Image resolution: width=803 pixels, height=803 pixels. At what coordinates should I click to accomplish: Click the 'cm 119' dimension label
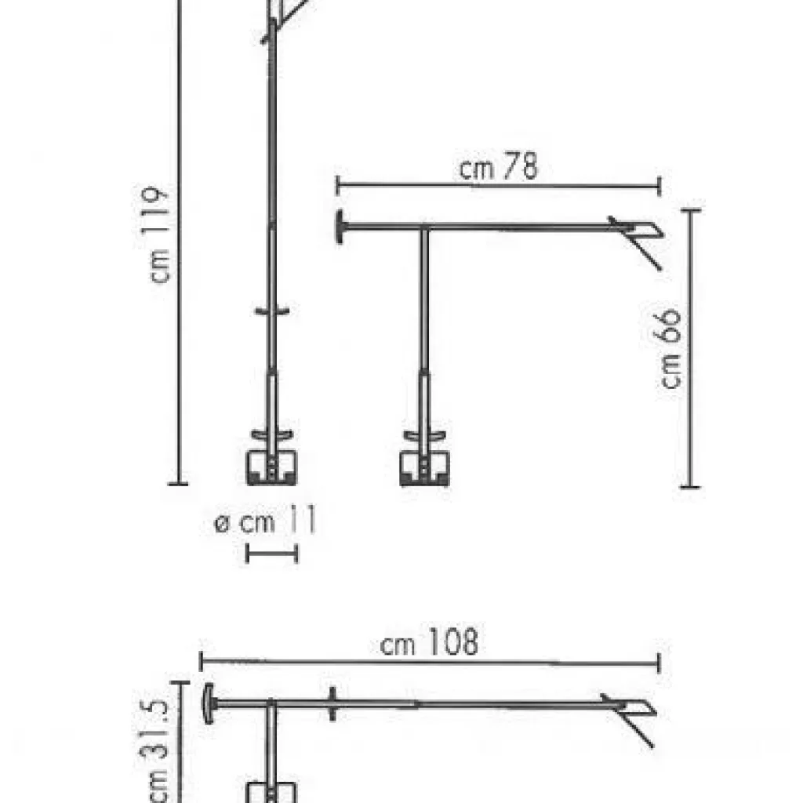pyautogui.click(x=161, y=235)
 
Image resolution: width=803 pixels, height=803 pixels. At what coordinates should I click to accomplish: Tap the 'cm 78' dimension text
pyautogui.click(x=499, y=169)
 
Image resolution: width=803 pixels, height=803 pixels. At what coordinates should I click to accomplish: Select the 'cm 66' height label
pyautogui.click(x=671, y=349)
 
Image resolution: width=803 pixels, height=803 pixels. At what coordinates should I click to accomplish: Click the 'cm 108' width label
pyautogui.click(x=428, y=644)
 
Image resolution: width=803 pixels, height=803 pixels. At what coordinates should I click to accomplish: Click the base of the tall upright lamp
pyautogui.click(x=271, y=466)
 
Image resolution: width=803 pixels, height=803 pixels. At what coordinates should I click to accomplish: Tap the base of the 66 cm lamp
pyautogui.click(x=424, y=467)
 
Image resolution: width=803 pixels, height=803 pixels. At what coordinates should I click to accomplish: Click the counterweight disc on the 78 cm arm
pyautogui.click(x=341, y=227)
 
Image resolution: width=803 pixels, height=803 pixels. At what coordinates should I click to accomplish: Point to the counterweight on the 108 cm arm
pyautogui.click(x=208, y=703)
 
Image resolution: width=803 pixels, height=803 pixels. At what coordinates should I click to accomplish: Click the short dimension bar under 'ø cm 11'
pyautogui.click(x=271, y=554)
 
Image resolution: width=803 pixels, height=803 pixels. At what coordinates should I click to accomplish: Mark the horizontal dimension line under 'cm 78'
pyautogui.click(x=499, y=187)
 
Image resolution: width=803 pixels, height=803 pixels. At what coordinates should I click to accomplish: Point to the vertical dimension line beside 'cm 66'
pyautogui.click(x=690, y=349)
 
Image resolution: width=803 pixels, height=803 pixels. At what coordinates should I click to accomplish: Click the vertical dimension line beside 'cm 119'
pyautogui.click(x=180, y=235)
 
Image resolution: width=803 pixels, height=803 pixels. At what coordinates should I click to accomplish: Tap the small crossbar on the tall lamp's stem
pyautogui.click(x=271, y=312)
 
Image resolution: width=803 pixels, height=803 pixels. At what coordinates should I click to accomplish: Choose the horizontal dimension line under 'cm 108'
pyautogui.click(x=429, y=663)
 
